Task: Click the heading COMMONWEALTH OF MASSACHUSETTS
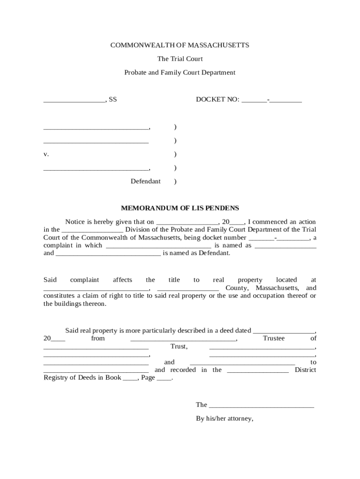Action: (x=180, y=45)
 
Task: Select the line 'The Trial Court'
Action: (x=180, y=59)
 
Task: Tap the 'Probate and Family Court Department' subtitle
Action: (x=180, y=73)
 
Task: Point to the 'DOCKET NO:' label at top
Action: (x=217, y=100)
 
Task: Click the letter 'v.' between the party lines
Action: (x=46, y=154)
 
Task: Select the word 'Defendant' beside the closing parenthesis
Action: (x=145, y=181)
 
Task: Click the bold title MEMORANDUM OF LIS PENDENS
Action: (x=180, y=208)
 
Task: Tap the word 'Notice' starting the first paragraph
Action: (x=75, y=222)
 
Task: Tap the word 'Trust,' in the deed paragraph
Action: (x=179, y=347)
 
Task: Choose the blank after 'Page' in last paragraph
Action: (x=164, y=378)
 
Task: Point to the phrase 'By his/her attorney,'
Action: (x=224, y=419)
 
